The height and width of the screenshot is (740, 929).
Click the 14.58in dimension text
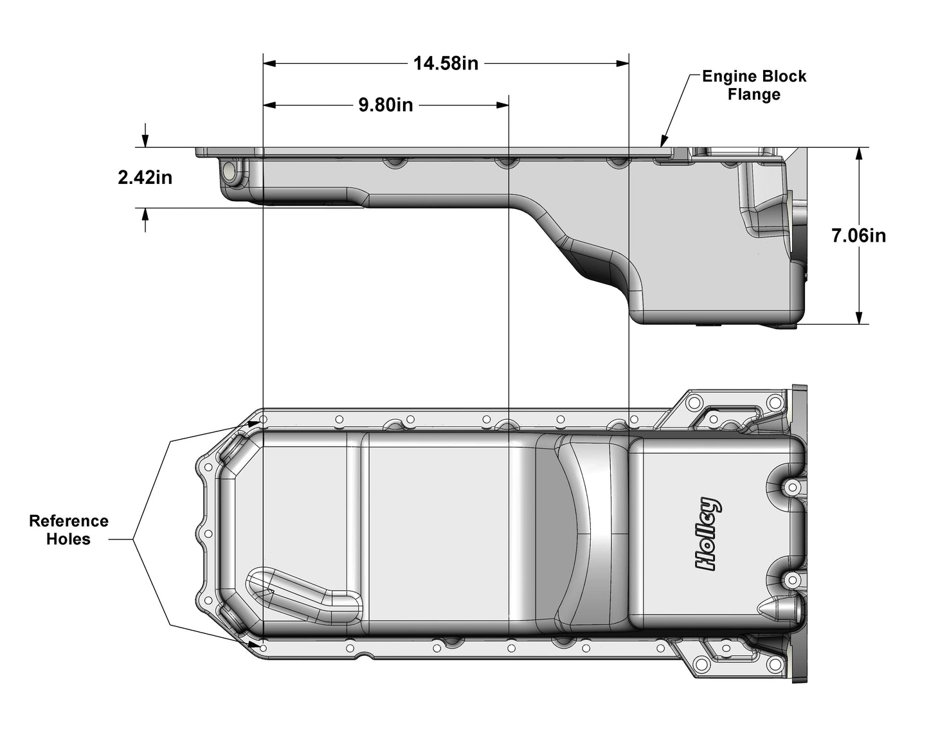(446, 64)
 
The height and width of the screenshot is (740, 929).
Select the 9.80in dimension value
(386, 105)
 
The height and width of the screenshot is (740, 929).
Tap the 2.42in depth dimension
(145, 177)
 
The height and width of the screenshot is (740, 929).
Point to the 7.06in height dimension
(858, 236)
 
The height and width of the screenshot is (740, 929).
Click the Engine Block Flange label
(753, 86)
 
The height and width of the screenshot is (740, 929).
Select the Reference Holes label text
(69, 530)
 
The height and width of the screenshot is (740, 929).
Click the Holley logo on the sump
(708, 534)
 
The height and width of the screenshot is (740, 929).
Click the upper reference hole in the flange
(264, 420)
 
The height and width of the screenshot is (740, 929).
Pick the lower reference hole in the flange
(264, 644)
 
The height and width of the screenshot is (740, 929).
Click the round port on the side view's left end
(229, 172)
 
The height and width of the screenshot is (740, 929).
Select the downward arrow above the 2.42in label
(146, 141)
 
